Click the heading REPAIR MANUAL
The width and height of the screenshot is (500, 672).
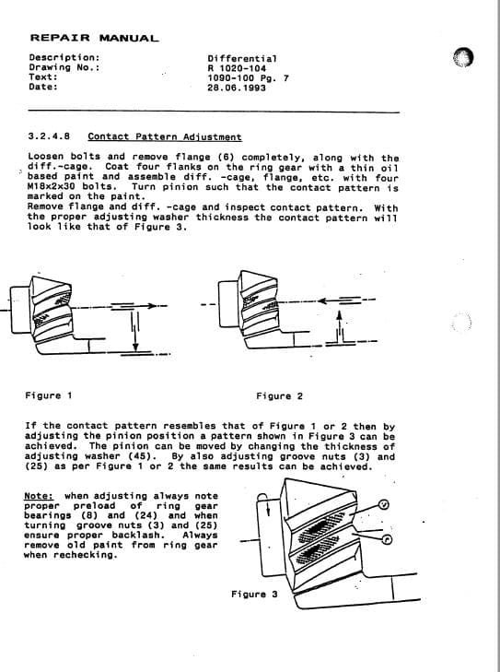(x=94, y=39)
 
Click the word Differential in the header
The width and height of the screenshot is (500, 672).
(x=242, y=58)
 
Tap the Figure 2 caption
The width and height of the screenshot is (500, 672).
(x=280, y=396)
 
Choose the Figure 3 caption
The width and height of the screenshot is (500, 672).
(x=254, y=595)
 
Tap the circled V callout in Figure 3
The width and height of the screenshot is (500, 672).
(x=384, y=505)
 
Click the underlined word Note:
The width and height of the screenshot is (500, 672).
(x=40, y=496)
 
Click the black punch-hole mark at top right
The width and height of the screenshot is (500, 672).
(x=464, y=58)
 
